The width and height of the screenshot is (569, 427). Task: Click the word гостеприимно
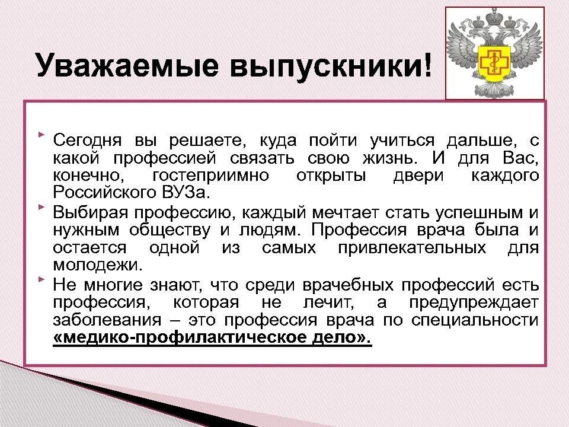pos(211,176)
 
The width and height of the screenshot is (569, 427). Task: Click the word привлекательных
pos(412,248)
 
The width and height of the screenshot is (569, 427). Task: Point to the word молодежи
pos(98,266)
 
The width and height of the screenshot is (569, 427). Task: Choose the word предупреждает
pos(474,302)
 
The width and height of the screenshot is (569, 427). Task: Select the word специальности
pos(475,320)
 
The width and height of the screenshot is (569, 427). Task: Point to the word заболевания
pos(107,320)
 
